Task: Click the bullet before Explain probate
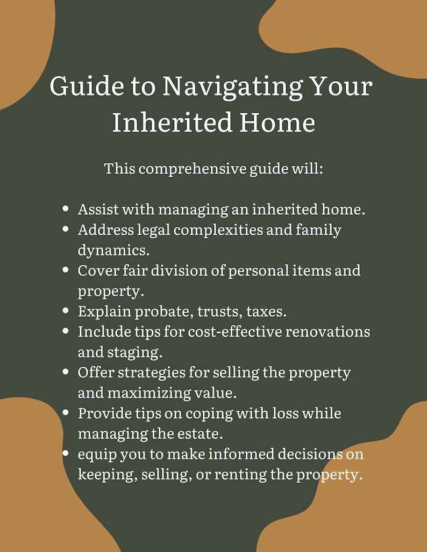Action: click(x=66, y=310)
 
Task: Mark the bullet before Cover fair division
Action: click(x=66, y=270)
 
